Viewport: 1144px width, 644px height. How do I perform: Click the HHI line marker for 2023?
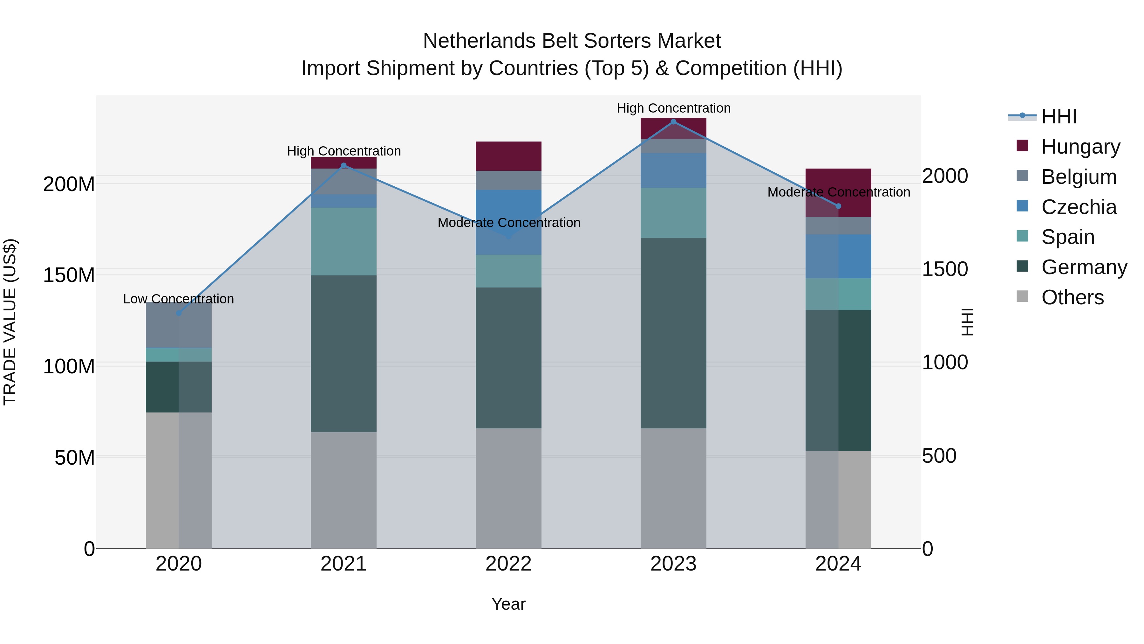click(673, 122)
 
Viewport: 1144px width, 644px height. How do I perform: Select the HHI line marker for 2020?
click(179, 313)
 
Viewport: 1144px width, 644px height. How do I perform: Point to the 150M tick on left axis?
click(69, 275)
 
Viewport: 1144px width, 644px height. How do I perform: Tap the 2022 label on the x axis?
click(508, 564)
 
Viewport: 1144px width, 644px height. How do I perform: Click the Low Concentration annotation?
click(179, 299)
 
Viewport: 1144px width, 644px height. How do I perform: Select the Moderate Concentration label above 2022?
click(509, 223)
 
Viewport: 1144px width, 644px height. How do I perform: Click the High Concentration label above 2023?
click(673, 108)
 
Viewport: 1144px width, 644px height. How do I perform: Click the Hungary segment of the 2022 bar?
click(508, 156)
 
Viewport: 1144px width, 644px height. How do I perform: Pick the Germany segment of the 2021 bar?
click(343, 353)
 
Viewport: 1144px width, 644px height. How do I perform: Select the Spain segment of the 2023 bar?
click(673, 213)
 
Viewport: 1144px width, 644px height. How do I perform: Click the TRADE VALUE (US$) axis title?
click(10, 322)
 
